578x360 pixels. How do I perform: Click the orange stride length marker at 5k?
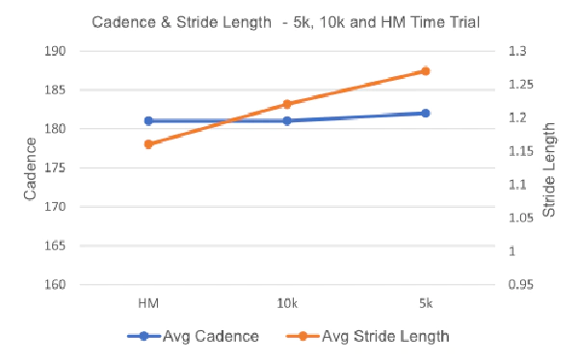coord(426,71)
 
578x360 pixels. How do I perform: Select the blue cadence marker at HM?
coord(148,120)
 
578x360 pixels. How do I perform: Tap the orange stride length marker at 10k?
coord(287,104)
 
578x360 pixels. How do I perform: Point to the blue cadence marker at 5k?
coord(426,114)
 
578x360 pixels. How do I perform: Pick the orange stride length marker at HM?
coord(148,144)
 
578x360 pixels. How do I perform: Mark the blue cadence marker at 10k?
coord(287,120)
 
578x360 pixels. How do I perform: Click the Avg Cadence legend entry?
coord(194,336)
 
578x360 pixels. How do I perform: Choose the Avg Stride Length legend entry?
coord(368,336)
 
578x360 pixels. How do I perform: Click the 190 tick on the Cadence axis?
coord(55,51)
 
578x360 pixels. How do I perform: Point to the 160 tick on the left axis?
coord(55,285)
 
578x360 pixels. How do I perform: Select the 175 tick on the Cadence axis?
coord(55,167)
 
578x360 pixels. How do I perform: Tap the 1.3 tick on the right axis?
coord(517,51)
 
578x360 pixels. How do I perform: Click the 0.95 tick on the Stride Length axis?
coord(520,285)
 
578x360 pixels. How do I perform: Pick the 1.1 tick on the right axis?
coord(517,184)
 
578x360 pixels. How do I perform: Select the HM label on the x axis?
coord(148,303)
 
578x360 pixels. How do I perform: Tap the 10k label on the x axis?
coord(287,303)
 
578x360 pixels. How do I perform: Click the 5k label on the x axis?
coord(426,303)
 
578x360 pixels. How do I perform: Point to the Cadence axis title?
coord(30,168)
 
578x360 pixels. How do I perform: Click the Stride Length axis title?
coord(549,169)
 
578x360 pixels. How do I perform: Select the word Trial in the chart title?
coord(463,22)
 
